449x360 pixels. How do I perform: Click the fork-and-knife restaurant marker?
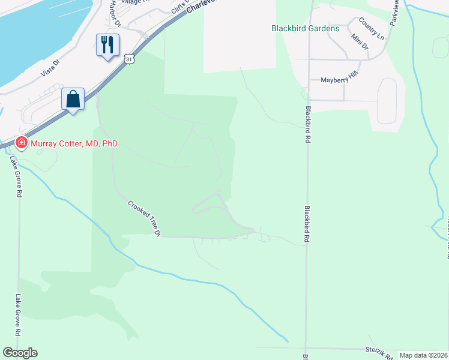pyautogui.click(x=107, y=45)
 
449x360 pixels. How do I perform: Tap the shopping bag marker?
pyautogui.click(x=73, y=99)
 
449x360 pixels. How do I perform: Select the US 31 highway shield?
pyautogui.click(x=129, y=59)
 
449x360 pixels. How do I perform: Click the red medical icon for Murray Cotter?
pyautogui.click(x=22, y=143)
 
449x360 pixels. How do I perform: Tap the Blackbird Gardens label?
pyautogui.click(x=305, y=28)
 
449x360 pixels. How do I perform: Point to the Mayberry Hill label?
pyautogui.click(x=339, y=80)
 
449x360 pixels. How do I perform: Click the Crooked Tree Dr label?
pyautogui.click(x=145, y=218)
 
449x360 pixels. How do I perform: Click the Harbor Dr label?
pyautogui.click(x=114, y=14)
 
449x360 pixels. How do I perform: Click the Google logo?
pyautogui.click(x=20, y=353)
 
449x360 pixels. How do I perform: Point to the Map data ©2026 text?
pyautogui.click(x=423, y=355)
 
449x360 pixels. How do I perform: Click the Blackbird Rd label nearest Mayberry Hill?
pyautogui.click(x=307, y=124)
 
